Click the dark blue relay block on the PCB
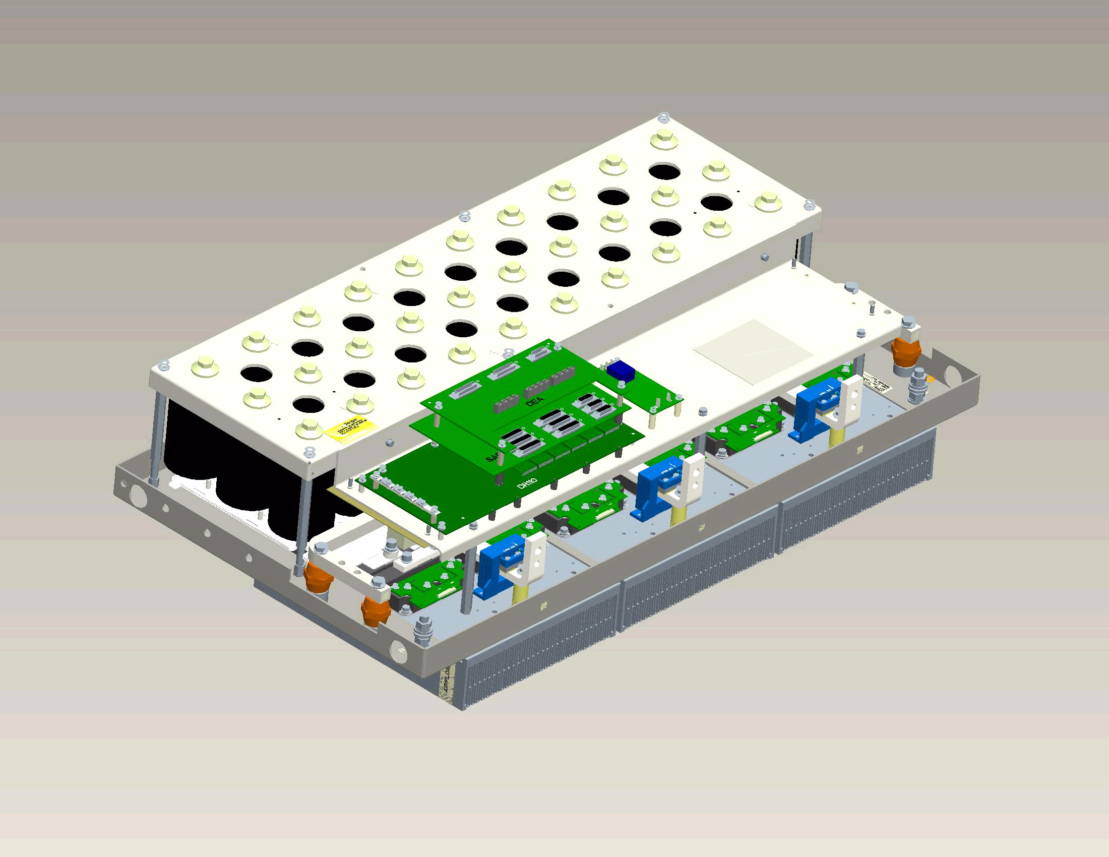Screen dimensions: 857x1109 [x=618, y=371]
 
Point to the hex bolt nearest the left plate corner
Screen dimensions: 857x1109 [x=205, y=366]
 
